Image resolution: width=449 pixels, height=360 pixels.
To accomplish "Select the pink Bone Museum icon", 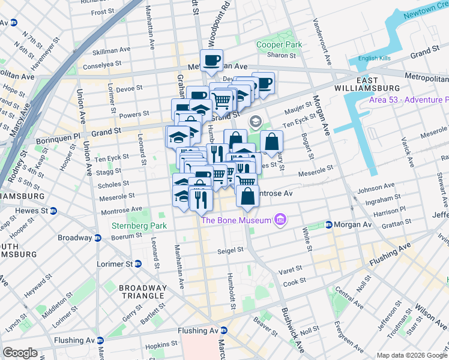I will coord(279,220).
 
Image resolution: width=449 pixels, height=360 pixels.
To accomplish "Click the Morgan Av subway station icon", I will coord(328,225).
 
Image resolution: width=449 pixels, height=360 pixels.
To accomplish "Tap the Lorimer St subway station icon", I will coord(138,263).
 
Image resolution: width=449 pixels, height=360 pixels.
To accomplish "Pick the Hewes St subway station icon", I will coord(53,211).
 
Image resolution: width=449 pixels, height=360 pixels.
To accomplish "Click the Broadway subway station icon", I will coord(97,238).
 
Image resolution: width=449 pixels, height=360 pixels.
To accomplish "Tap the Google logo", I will coord(20,353).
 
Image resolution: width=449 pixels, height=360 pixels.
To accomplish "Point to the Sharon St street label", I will coord(281,55).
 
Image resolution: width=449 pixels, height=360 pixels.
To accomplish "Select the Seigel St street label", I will coord(231,250).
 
